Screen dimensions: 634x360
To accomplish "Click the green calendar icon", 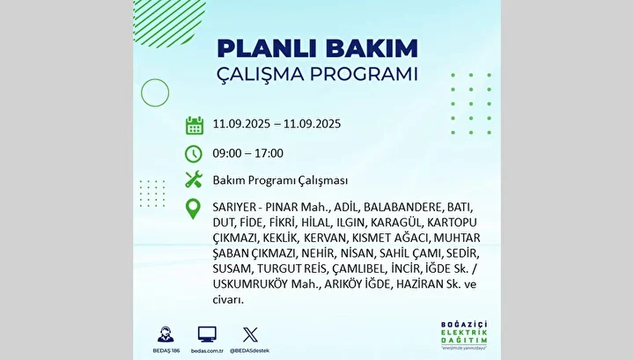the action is [x=195, y=125].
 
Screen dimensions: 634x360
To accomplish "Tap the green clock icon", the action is [x=193, y=154].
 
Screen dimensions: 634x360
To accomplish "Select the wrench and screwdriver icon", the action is [x=194, y=180].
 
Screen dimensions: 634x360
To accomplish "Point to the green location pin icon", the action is [x=193, y=209].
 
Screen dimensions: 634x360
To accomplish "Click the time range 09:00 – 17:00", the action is [x=247, y=153].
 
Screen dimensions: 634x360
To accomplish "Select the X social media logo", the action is [x=250, y=335].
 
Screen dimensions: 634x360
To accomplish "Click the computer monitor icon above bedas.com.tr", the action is [x=207, y=334].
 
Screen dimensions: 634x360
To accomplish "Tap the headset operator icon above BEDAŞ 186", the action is [x=166, y=334].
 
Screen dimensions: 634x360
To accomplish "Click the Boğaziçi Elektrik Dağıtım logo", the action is [x=464, y=335].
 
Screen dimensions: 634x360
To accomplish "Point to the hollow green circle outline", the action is [x=155, y=79].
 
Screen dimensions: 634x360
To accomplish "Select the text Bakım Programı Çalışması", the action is [x=280, y=180].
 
